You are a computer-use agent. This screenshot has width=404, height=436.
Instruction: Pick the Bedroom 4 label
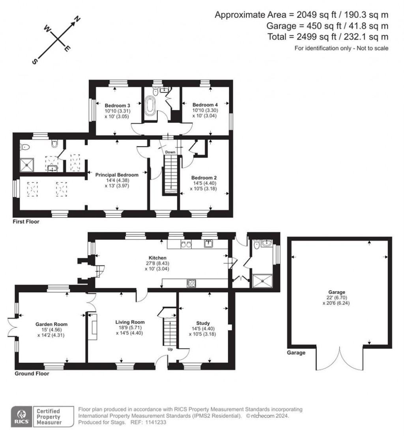(x=205, y=105)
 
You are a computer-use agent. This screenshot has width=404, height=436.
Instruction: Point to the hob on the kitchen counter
(x=191, y=282)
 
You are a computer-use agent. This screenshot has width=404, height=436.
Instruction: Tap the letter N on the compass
(x=78, y=19)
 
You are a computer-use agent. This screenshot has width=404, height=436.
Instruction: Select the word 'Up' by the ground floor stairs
(x=170, y=349)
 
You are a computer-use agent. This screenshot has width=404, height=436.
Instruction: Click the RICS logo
(x=20, y=416)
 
